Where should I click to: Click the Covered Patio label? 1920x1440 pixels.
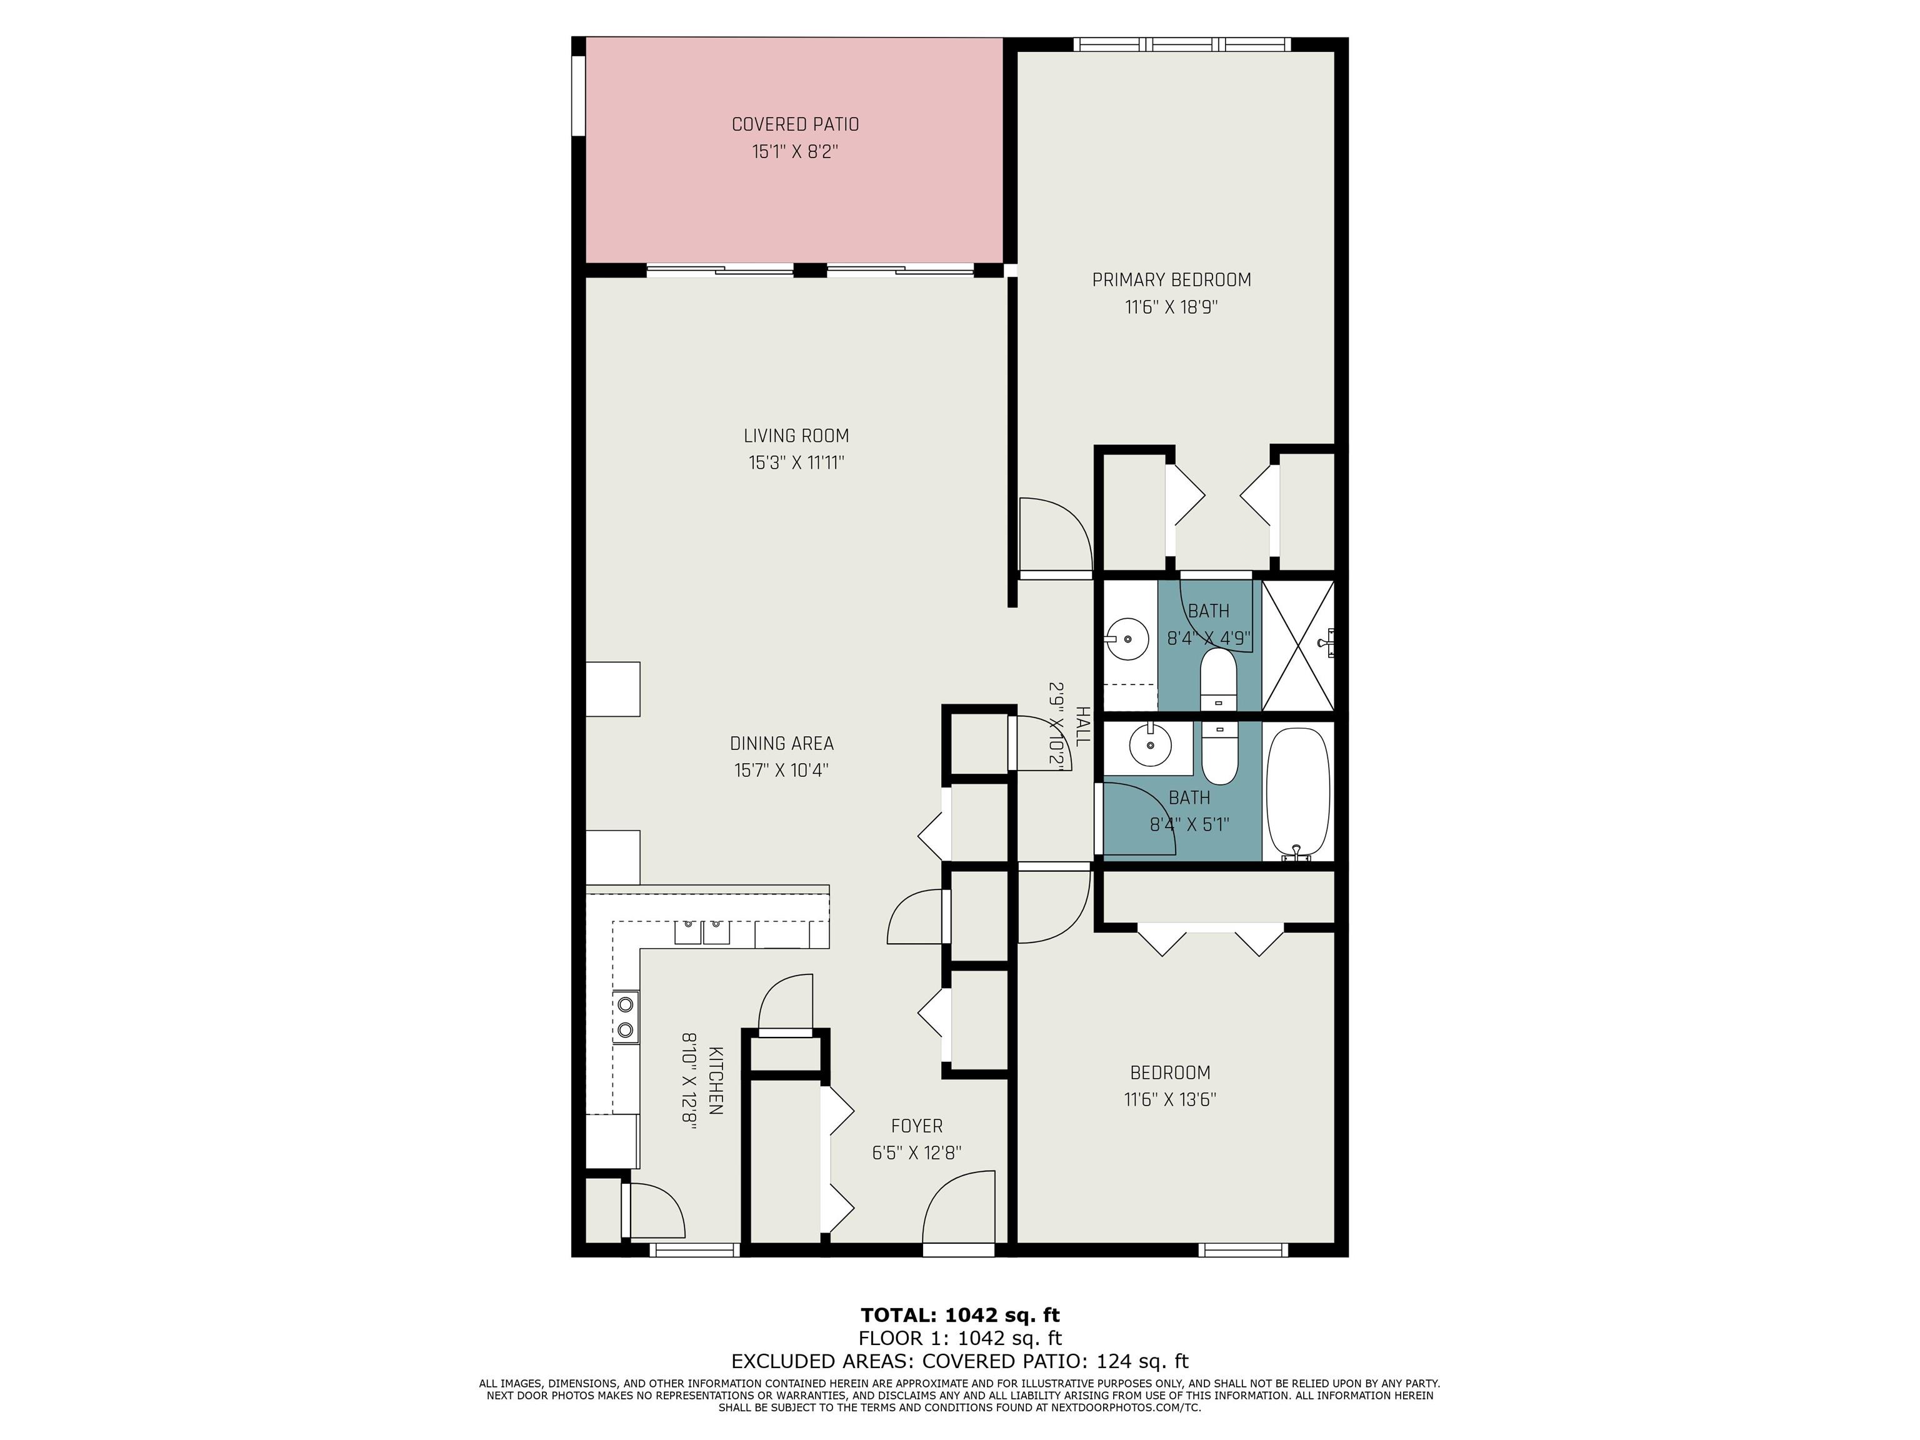coord(795,124)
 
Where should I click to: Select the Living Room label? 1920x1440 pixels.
coord(796,436)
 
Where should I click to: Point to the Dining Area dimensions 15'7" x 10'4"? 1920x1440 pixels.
coord(781,770)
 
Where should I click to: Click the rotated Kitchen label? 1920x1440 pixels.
coord(716,1080)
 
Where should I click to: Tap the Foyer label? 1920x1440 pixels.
coord(917,1126)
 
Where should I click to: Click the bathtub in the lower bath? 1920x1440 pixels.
coord(1297,792)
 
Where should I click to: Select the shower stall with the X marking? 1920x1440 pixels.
coord(1297,645)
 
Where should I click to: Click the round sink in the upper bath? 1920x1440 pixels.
coord(1127,639)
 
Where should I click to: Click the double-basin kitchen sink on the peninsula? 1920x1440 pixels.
coord(702,931)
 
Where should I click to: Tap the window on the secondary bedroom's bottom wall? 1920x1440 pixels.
coord(1243,1250)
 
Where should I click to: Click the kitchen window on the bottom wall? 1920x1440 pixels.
coord(694,1250)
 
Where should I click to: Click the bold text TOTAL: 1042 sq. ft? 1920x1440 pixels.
coord(960,1315)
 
